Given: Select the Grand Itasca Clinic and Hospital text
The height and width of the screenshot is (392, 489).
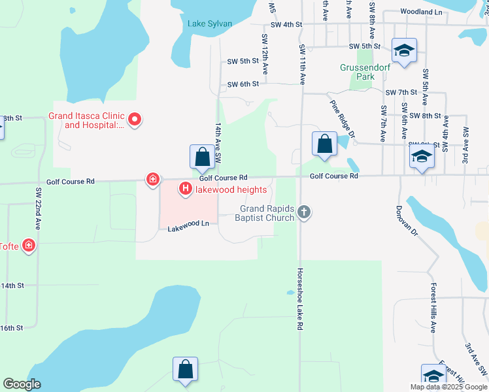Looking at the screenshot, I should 86,121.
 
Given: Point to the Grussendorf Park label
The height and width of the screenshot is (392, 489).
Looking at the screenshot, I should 357,72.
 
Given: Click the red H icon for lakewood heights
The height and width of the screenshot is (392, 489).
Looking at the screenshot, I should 185,189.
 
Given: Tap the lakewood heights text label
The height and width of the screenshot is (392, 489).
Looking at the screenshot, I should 230,190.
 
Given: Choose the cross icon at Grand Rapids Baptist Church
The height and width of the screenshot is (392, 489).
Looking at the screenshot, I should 303,211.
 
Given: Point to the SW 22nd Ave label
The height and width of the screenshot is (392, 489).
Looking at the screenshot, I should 39,208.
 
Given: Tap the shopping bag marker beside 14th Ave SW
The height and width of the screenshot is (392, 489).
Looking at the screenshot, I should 202,157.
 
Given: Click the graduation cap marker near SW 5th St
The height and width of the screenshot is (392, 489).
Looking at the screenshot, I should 405,50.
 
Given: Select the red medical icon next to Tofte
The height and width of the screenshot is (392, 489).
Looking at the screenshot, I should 29,246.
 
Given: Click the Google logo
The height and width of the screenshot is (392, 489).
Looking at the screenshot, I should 22,384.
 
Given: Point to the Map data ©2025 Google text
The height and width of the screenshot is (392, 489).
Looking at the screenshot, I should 448,387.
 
